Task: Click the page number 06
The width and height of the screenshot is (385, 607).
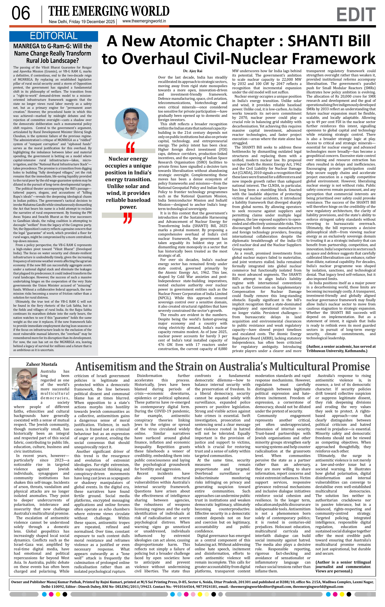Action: (x=21, y=13)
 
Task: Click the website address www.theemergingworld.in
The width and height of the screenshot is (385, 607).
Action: (x=144, y=21)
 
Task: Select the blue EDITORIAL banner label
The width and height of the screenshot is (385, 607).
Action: (x=54, y=36)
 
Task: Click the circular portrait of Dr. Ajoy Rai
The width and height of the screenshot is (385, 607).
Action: (x=128, y=123)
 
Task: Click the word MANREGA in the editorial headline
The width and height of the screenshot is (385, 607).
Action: (x=26, y=46)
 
